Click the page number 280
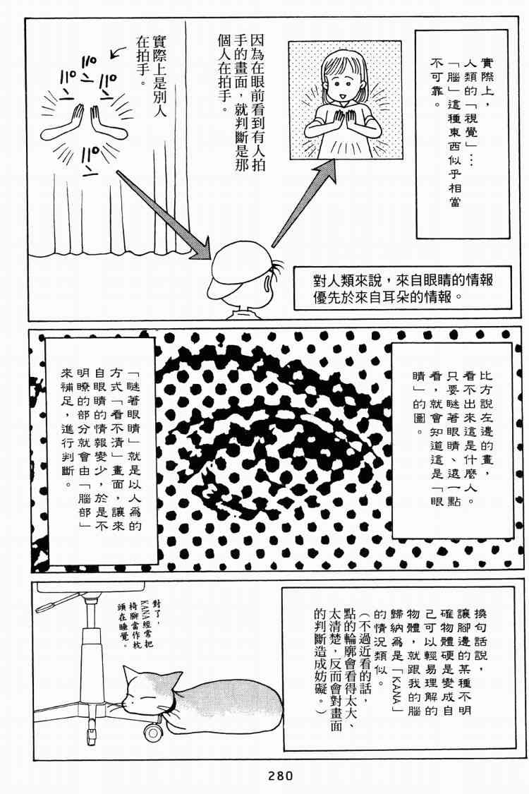280,776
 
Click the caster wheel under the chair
152,733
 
